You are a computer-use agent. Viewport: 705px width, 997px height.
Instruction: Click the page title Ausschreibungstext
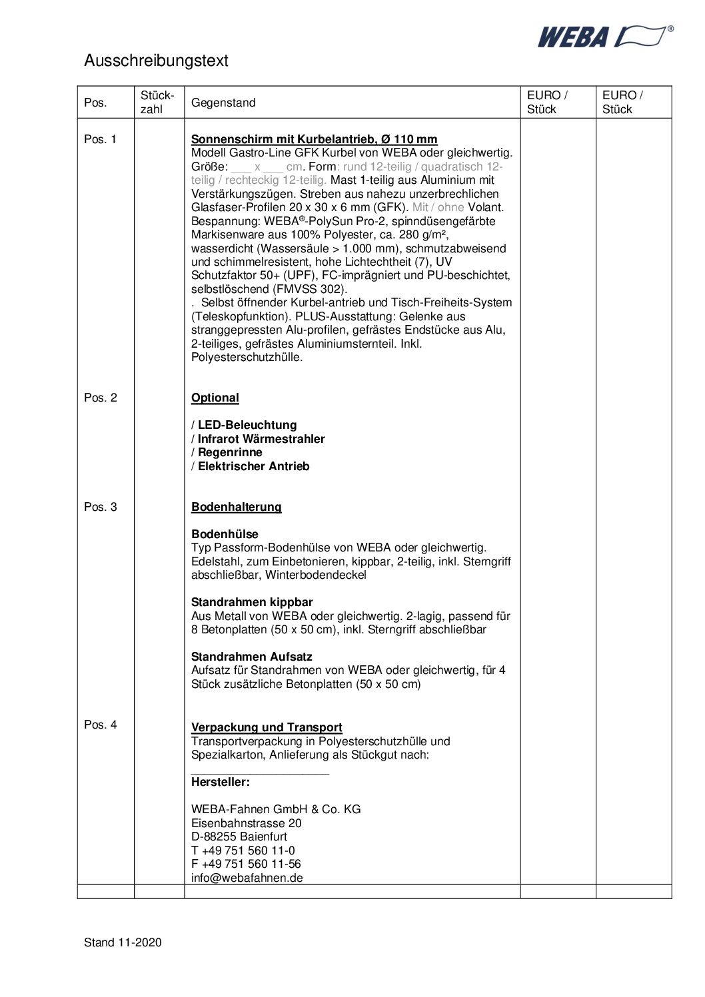(156, 61)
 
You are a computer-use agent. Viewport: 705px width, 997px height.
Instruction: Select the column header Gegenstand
(223, 103)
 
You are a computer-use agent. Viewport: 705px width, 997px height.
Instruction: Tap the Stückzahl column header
(157, 102)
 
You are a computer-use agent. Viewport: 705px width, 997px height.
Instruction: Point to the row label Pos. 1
(100, 139)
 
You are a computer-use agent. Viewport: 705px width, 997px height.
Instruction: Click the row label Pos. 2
(100, 398)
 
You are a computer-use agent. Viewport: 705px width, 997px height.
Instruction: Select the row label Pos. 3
(100, 507)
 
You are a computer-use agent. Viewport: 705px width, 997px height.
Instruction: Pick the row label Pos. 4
(100, 725)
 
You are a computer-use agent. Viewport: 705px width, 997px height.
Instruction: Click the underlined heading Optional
(215, 398)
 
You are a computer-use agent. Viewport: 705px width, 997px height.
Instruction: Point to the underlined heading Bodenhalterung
(236, 507)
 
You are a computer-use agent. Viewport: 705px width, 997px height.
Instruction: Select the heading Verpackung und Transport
(267, 727)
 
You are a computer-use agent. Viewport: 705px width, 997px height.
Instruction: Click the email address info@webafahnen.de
(247, 878)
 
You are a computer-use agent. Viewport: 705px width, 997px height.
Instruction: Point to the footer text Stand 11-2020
(123, 942)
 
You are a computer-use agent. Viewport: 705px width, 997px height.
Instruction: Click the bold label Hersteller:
(220, 782)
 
